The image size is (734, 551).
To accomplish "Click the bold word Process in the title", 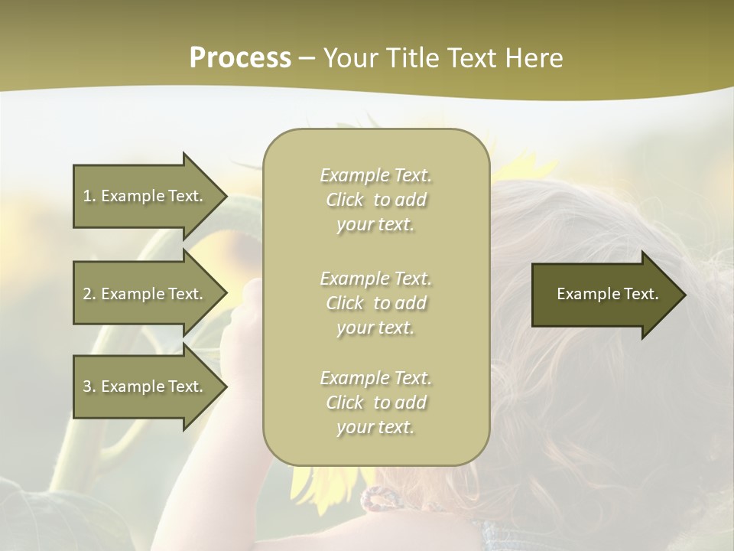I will pyautogui.click(x=240, y=58).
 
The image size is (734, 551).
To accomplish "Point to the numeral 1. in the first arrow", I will pyautogui.click(x=89, y=196).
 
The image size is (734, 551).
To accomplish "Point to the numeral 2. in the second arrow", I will pyautogui.click(x=89, y=294).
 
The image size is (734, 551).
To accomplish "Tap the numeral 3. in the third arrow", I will pyautogui.click(x=89, y=386).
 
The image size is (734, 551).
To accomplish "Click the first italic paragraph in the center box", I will pyautogui.click(x=375, y=200).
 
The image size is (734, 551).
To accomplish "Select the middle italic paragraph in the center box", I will pyautogui.click(x=375, y=303).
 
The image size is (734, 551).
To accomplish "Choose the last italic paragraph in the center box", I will pyautogui.click(x=375, y=403).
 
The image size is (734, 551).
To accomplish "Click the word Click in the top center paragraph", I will pyautogui.click(x=345, y=201).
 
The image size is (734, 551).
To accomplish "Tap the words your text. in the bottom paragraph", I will pyautogui.click(x=375, y=427).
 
